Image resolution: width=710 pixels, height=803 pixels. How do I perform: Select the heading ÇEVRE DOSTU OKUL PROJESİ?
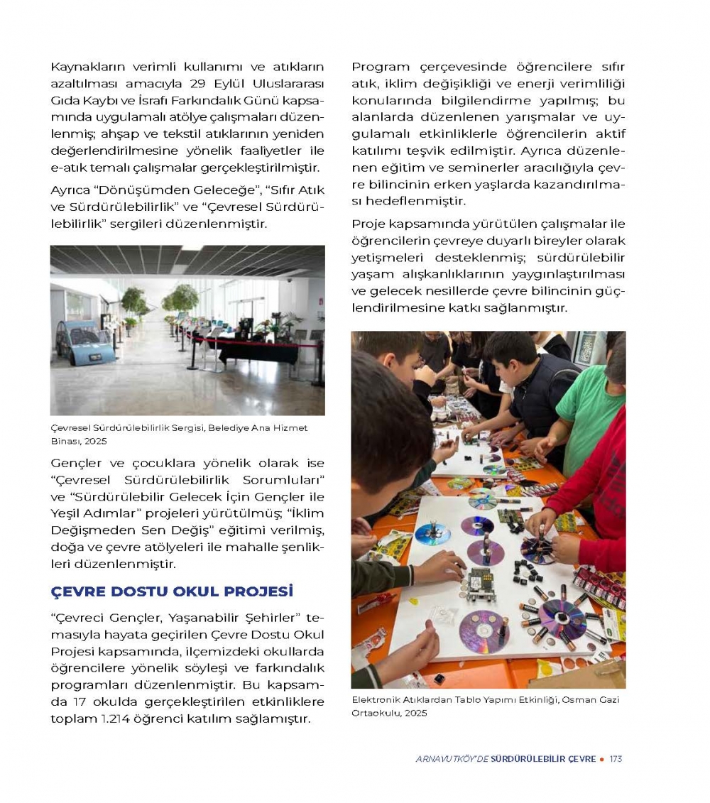click(x=172, y=591)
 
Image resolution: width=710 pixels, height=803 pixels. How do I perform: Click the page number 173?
click(x=616, y=759)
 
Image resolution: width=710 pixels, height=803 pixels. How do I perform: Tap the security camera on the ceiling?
click(x=288, y=280)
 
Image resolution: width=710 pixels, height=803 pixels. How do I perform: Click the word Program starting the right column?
click(x=381, y=67)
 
